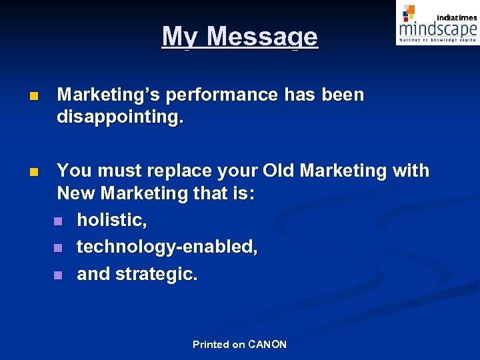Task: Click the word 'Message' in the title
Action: pos(263,37)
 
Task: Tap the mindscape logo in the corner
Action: pos(437,24)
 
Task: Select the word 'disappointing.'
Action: pos(120,118)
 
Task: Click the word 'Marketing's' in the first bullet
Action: pos(109,95)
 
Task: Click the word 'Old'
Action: pos(279,171)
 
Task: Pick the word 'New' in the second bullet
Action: pos(76,194)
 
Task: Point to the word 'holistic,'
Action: pos(110,220)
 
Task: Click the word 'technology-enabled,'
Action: pos(167,247)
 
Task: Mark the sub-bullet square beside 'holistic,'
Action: pos(57,221)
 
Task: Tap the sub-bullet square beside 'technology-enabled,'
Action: pos(57,248)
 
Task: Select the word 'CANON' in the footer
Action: pos(267,345)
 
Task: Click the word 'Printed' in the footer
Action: pos(211,345)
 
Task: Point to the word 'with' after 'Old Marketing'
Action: pos(411,171)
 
